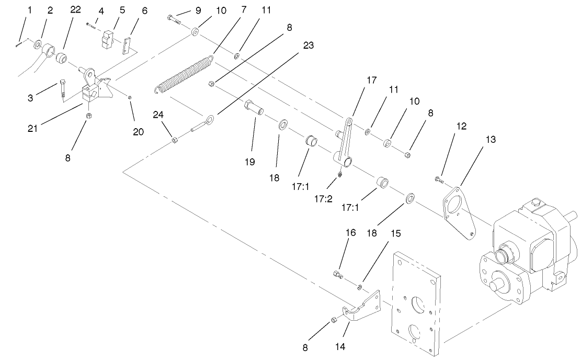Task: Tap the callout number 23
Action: [309, 46]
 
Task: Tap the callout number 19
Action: [249, 162]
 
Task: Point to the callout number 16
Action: [350, 232]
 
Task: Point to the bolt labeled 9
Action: [174, 19]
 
